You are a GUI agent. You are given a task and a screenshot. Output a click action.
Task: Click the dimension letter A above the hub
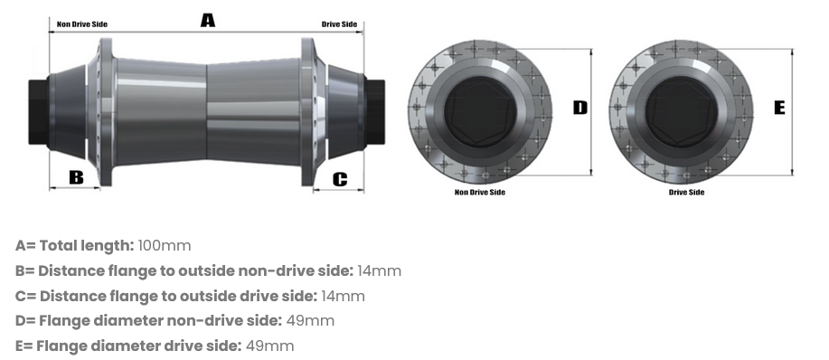pos(207,19)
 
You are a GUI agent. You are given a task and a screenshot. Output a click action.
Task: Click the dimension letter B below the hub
pos(76,176)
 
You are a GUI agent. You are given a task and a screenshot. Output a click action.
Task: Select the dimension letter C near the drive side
pos(340,178)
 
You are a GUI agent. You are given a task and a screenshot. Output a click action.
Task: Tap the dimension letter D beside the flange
pos(579,108)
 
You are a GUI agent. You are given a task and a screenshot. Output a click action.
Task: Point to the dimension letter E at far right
pos(780,108)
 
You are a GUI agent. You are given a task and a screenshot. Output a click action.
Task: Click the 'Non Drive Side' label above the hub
pos(82,24)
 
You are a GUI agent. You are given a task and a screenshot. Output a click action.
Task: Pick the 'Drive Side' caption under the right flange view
pos(686,192)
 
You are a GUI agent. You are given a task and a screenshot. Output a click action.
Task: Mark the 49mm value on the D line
pos(310,321)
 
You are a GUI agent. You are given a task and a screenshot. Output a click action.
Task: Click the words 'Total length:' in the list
pos(89,246)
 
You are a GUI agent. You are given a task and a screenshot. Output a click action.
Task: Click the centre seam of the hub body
pos(207,109)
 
